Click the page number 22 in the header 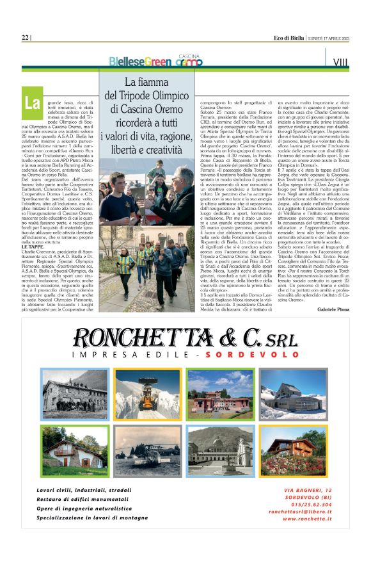click(x=25, y=38)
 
